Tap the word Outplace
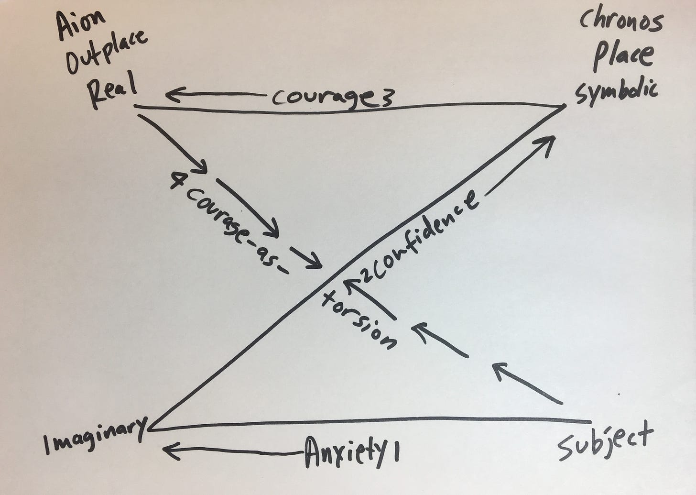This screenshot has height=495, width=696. tap(106, 54)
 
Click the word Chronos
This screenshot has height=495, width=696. tap(621, 22)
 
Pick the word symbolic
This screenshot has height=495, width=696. tap(616, 91)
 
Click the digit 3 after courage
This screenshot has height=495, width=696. tap(388, 99)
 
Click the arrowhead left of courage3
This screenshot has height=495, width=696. tap(172, 95)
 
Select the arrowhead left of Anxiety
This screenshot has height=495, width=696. tap(170, 450)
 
